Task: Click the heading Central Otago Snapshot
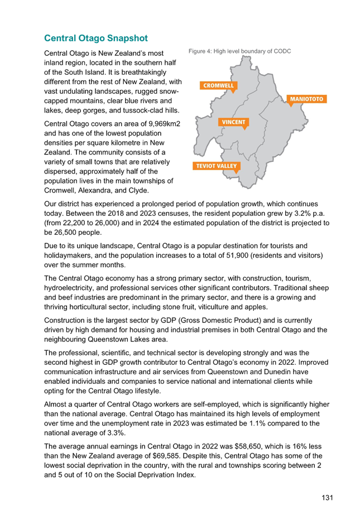click(x=96, y=38)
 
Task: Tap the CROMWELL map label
click(x=218, y=86)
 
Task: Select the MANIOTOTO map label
click(x=306, y=99)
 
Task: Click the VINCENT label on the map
click(x=234, y=122)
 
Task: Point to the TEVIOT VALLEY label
click(x=217, y=166)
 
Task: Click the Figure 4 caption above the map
click(x=239, y=51)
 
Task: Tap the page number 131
click(x=327, y=498)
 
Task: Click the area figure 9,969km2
click(x=164, y=124)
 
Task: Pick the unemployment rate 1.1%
click(x=257, y=423)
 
